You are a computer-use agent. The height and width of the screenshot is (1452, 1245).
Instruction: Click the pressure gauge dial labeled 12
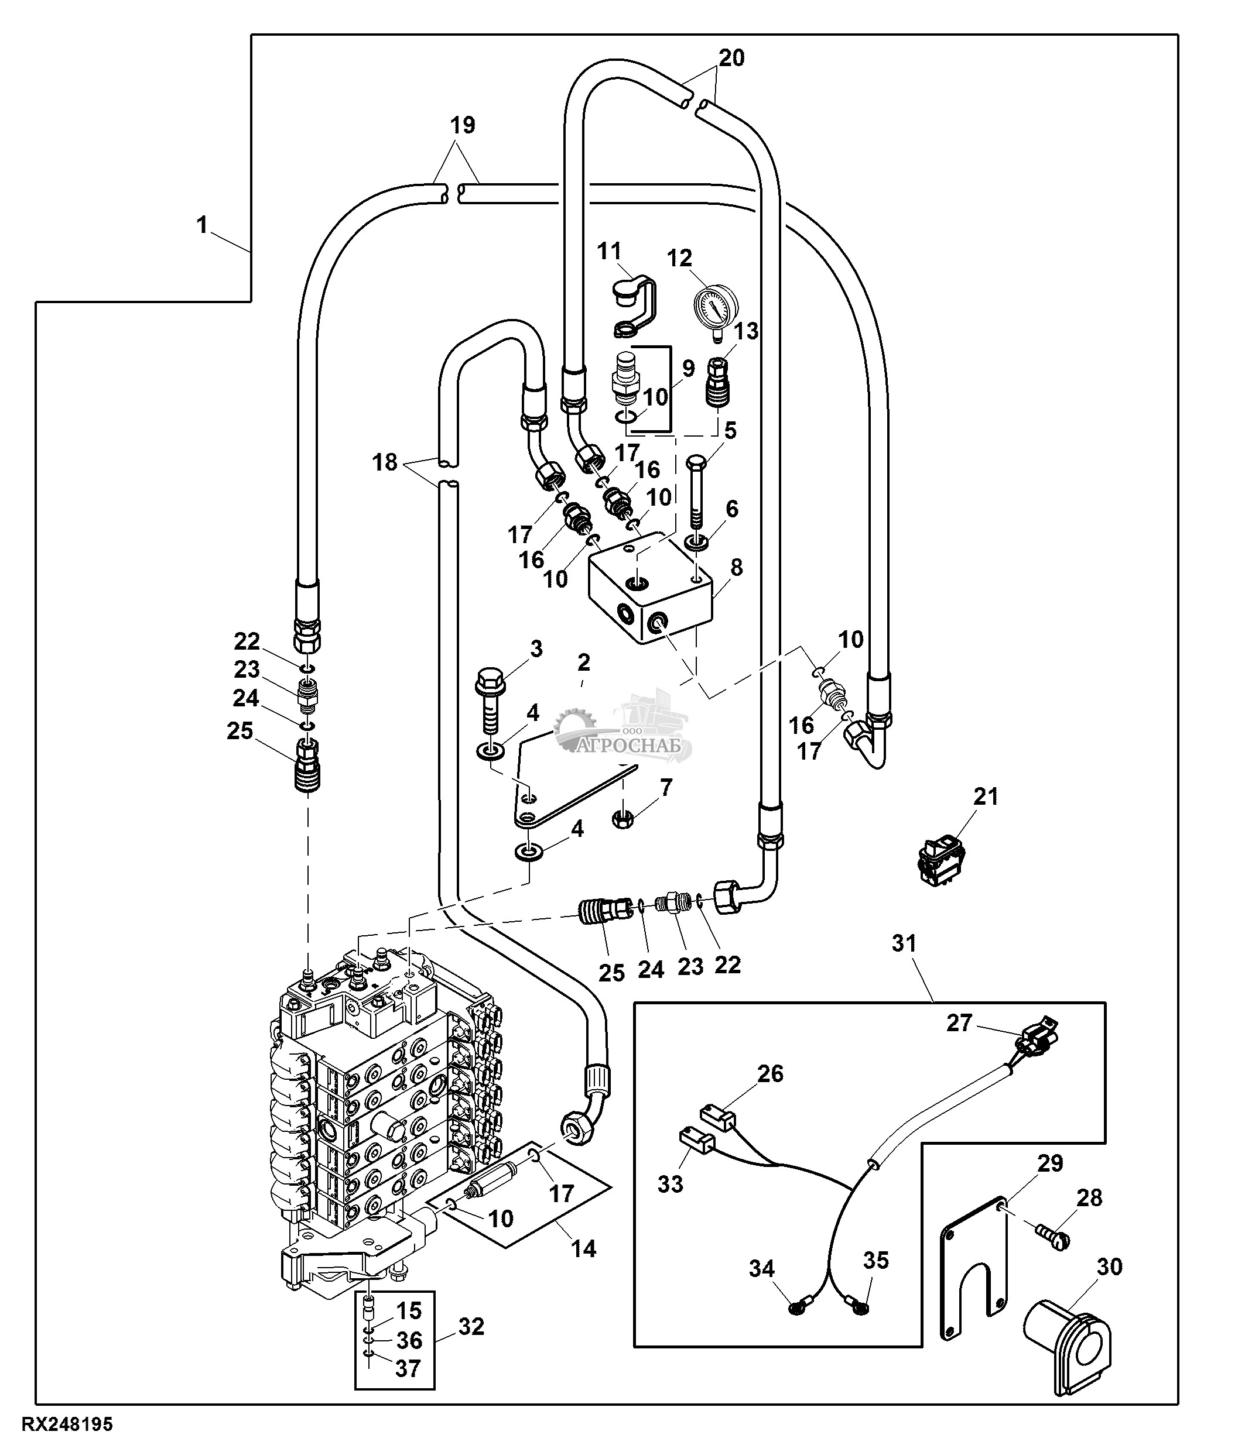coord(715,305)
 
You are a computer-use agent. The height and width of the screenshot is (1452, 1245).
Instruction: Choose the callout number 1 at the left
coord(202,226)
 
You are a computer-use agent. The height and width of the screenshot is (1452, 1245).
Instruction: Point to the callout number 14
coord(583,1248)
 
